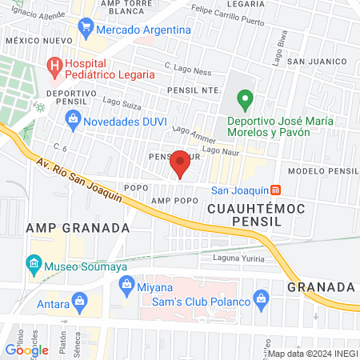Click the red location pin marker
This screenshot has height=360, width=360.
pos(181,162)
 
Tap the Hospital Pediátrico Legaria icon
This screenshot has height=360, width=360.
pos(54,67)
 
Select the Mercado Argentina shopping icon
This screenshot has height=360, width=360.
pos(86,30)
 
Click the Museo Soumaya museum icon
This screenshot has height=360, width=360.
pos(34,263)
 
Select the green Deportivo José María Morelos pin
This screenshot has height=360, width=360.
pos(246,101)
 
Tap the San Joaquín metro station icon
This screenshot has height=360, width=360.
pos(277,190)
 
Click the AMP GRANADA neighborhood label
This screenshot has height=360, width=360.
pos(78,228)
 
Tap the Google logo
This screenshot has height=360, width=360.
pos(26,350)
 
